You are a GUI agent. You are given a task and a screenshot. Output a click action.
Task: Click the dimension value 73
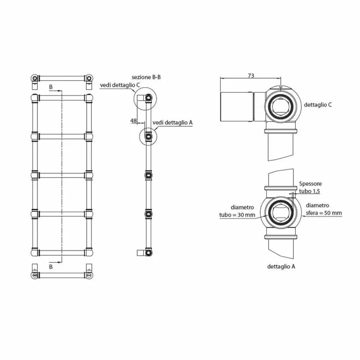[250, 76]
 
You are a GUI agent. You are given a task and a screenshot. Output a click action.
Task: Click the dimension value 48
[133, 120]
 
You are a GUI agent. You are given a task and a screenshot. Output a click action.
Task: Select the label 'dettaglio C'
[318, 105]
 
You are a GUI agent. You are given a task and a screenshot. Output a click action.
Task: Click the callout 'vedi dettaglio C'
[117, 86]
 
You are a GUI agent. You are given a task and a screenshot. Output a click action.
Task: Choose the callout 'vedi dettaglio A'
[172, 123]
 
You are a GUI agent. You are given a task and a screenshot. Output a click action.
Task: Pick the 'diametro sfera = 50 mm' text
[324, 210]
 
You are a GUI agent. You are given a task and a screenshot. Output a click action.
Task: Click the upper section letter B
[51, 87]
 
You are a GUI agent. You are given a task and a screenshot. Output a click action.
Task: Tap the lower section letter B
[51, 267]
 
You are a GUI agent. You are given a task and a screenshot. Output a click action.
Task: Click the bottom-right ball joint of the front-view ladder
[89, 252]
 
